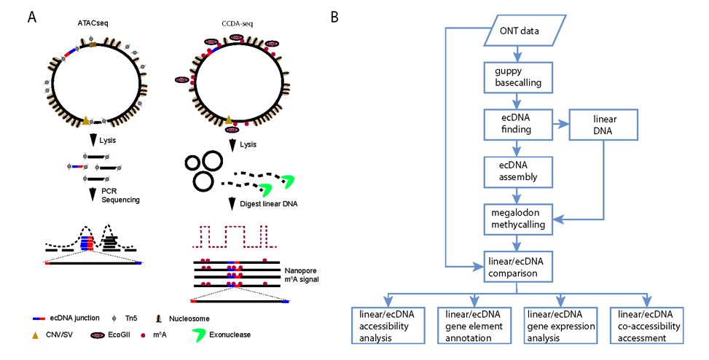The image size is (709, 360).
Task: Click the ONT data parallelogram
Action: (x=525, y=31)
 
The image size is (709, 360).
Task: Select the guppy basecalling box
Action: (x=518, y=77)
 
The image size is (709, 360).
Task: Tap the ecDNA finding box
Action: (x=518, y=124)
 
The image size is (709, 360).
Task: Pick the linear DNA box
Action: (x=603, y=125)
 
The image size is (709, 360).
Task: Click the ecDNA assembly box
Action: (x=518, y=172)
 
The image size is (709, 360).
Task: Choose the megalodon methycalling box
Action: (x=518, y=219)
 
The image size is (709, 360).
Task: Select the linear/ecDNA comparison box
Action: (x=518, y=267)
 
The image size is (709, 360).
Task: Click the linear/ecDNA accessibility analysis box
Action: (x=388, y=326)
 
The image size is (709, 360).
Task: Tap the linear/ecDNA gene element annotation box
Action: (x=474, y=326)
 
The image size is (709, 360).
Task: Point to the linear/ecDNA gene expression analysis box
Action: (x=560, y=326)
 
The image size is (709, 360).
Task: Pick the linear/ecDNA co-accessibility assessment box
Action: (x=646, y=326)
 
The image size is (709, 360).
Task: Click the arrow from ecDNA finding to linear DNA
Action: (x=560, y=125)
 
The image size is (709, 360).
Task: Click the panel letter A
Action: (x=31, y=17)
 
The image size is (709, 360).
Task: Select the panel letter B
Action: (x=334, y=17)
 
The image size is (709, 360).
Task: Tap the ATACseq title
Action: (x=93, y=23)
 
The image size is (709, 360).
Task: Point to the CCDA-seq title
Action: (x=238, y=23)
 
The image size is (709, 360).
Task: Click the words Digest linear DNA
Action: (x=269, y=204)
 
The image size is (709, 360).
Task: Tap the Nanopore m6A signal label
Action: (x=302, y=275)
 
